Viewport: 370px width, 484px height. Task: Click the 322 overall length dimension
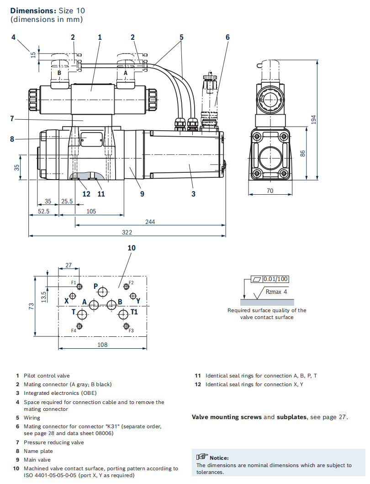(127, 232)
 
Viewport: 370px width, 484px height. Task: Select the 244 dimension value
(150, 222)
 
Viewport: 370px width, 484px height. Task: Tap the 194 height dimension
(313, 120)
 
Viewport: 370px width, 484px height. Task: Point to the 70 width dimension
(270, 191)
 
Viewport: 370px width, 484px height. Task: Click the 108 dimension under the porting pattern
(102, 345)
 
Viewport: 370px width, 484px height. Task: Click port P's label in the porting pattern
(96, 286)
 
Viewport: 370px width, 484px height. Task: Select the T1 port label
(134, 312)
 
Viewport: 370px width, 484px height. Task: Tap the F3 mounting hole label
(131, 330)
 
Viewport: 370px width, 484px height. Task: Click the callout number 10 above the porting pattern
(132, 248)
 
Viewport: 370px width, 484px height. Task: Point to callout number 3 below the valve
(193, 194)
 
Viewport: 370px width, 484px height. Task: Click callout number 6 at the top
(227, 37)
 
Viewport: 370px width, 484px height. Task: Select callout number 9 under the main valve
(142, 194)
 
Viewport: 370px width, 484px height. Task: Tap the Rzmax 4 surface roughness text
(276, 291)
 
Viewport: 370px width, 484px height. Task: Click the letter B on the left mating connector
(59, 73)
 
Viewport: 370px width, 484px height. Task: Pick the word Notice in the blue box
(219, 457)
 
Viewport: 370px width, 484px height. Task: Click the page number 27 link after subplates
(342, 417)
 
